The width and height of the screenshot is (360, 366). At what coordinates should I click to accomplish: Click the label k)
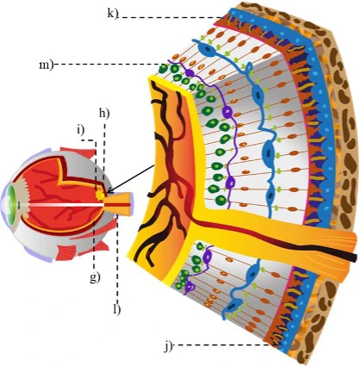tap(113, 13)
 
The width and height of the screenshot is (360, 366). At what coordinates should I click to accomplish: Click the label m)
tap(47, 65)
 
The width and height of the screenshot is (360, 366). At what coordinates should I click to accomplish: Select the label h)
tap(104, 114)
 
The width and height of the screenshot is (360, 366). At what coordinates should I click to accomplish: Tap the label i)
tap(80, 130)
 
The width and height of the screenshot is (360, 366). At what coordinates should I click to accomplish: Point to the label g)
tap(95, 277)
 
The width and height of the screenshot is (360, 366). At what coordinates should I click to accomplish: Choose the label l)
tap(117, 309)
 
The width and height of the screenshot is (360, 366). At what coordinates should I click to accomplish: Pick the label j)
tap(168, 345)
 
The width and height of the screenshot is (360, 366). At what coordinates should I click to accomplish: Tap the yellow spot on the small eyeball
tap(100, 195)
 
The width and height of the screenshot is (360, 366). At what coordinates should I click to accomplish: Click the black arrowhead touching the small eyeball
tap(110, 190)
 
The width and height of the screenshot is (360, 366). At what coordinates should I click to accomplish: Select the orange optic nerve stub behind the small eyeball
tap(120, 204)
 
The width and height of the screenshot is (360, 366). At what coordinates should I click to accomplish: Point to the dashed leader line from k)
tap(170, 17)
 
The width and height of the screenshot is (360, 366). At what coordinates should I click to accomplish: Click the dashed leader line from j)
tap(221, 344)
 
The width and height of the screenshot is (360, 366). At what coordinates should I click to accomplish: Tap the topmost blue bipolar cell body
tap(209, 50)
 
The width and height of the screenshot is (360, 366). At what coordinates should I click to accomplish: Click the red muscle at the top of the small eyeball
tap(78, 152)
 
